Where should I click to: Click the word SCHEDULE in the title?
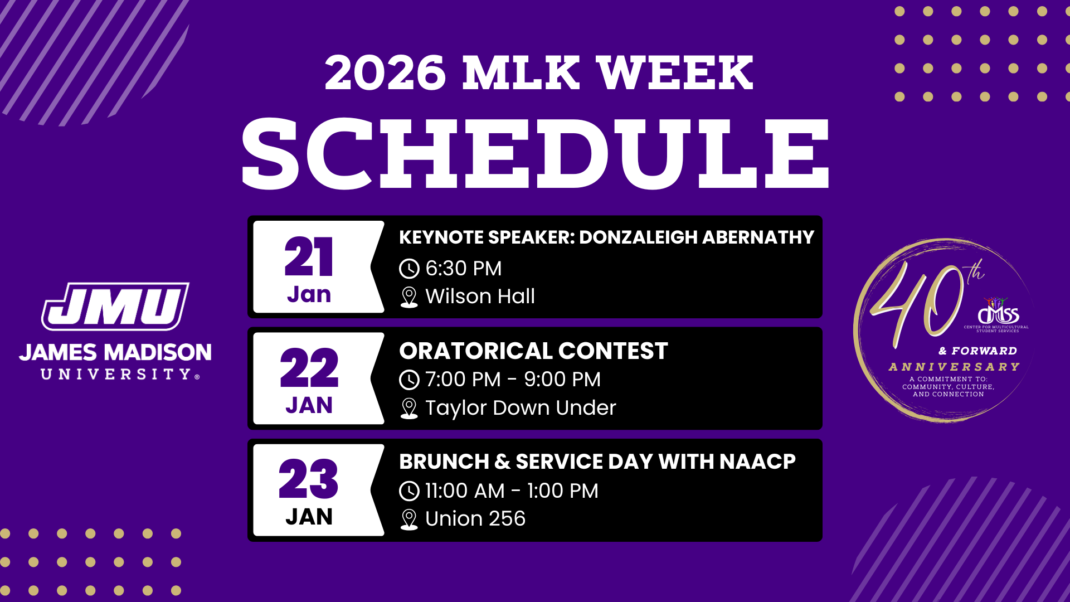(x=535, y=153)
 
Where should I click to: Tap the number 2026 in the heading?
(x=385, y=73)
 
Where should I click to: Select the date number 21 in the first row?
(x=309, y=257)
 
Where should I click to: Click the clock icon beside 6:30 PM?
(x=409, y=269)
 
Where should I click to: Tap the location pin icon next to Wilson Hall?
(x=409, y=297)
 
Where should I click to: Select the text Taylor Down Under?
(x=521, y=408)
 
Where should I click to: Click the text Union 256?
(x=475, y=519)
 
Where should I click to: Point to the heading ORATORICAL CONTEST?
(x=533, y=351)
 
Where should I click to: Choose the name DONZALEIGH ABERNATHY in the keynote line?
(x=697, y=237)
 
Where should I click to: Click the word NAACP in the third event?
(x=757, y=462)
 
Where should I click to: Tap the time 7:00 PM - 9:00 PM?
(x=513, y=380)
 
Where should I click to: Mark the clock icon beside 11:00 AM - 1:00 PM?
(x=409, y=491)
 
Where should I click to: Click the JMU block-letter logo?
(x=115, y=306)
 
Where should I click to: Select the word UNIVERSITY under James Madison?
(x=116, y=374)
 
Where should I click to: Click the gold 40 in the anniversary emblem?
(x=917, y=304)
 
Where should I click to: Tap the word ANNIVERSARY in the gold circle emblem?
(x=954, y=367)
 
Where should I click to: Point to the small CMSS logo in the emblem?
(x=998, y=313)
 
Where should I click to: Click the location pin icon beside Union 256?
(x=409, y=520)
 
